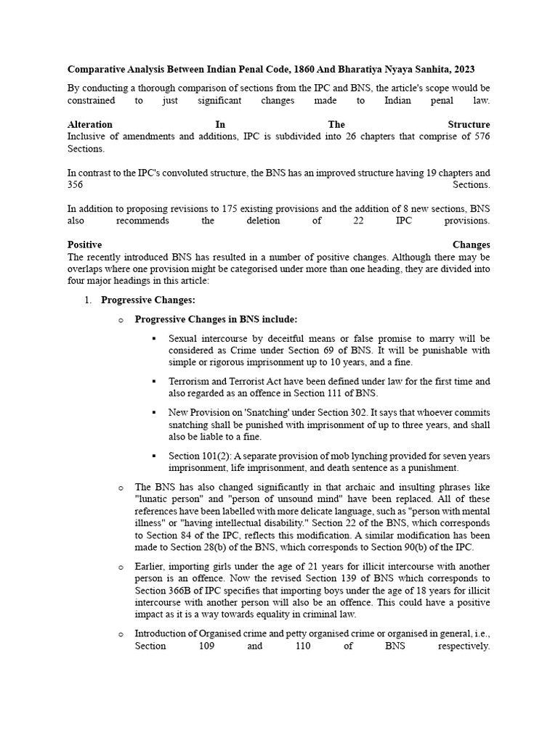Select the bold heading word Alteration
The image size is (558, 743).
(90, 125)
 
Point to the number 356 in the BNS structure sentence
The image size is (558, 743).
(76, 185)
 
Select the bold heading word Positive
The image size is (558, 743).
(84, 245)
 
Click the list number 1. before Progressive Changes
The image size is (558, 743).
(89, 300)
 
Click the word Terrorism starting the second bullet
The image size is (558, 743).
(190, 381)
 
